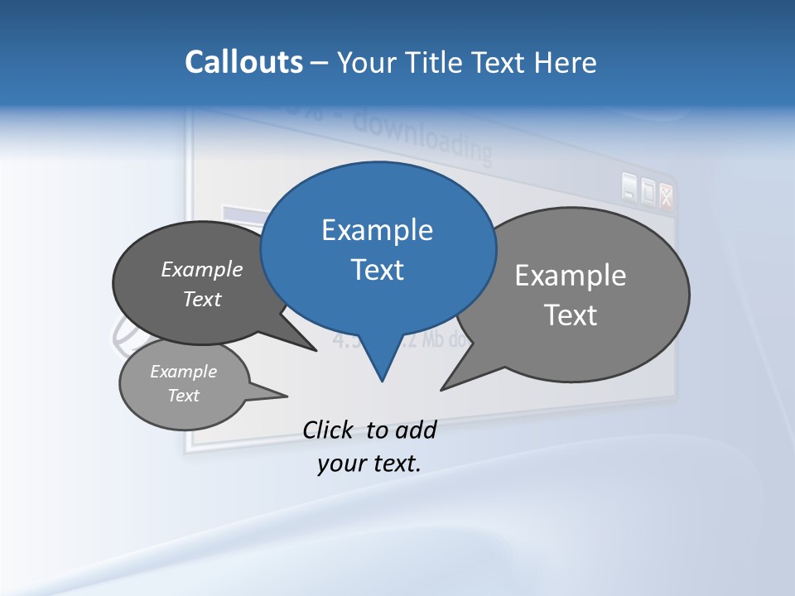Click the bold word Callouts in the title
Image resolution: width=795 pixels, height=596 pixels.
(x=243, y=62)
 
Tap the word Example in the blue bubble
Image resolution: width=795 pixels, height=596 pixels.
(x=377, y=230)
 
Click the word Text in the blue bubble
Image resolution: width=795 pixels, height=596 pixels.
(x=378, y=270)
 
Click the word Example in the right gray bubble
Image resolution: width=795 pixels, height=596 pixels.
(x=571, y=276)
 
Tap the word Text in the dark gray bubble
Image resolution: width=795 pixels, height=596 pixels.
(x=202, y=299)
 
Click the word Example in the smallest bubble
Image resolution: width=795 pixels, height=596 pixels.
(x=183, y=372)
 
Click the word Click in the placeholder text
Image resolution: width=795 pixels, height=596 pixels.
(x=330, y=430)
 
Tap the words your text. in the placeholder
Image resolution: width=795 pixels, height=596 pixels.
(x=369, y=464)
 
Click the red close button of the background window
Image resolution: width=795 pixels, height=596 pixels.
(x=666, y=195)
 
